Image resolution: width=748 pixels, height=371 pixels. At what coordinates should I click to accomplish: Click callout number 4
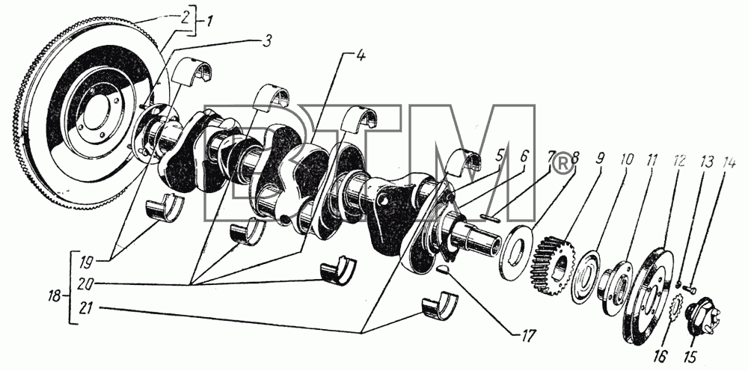tap(360, 55)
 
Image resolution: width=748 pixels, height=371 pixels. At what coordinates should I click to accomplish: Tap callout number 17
tap(526, 335)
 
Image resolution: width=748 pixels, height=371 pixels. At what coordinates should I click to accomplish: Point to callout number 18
tap(55, 297)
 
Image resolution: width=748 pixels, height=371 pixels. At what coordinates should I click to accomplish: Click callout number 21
tap(86, 309)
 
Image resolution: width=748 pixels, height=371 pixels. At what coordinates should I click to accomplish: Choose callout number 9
tap(600, 159)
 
